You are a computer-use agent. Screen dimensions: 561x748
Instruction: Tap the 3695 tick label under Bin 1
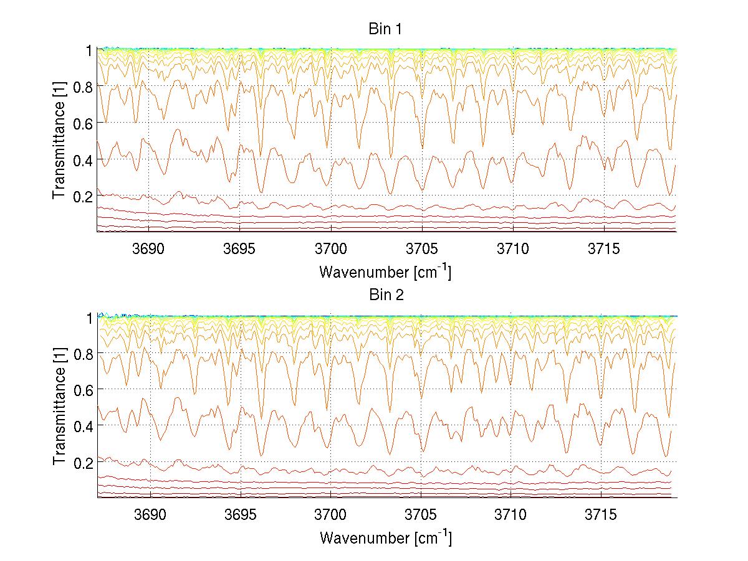click(240, 248)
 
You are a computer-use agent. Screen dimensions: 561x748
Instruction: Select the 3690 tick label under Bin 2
click(150, 515)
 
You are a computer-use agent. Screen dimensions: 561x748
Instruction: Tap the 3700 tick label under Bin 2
click(330, 515)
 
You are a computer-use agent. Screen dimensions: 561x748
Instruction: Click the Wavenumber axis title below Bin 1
click(385, 271)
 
